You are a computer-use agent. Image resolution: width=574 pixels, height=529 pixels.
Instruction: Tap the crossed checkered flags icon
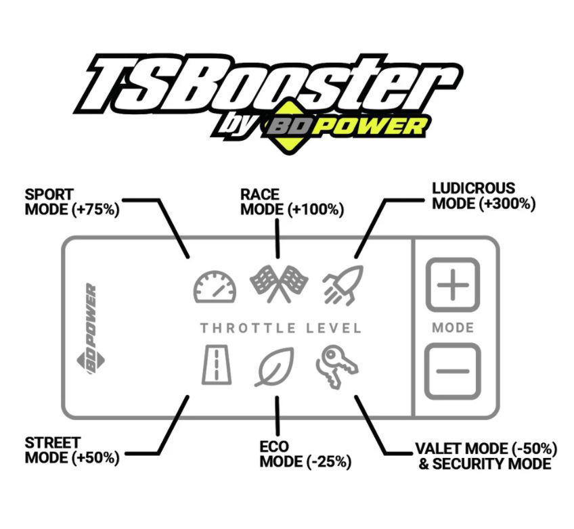pyautogui.click(x=279, y=284)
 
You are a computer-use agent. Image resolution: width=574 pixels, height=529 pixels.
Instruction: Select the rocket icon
pyautogui.click(x=343, y=285)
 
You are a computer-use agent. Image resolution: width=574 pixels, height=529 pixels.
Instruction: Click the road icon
pyautogui.click(x=217, y=365)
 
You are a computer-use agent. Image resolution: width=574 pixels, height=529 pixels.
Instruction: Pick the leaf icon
pyautogui.click(x=275, y=367)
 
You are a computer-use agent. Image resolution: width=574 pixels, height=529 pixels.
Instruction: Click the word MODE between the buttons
pyautogui.click(x=453, y=327)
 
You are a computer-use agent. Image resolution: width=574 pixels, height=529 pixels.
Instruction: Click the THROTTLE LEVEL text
pyautogui.click(x=281, y=328)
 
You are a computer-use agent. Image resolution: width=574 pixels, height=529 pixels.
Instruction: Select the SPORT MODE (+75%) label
pyautogui.click(x=72, y=202)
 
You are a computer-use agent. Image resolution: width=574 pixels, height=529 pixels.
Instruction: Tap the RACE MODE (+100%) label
pyautogui.click(x=292, y=202)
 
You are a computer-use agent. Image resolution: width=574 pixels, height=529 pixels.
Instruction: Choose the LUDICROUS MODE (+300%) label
pyautogui.click(x=484, y=196)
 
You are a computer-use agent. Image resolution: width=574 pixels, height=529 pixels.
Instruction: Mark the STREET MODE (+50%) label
pyautogui.click(x=72, y=451)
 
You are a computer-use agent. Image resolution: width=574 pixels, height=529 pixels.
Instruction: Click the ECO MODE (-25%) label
pyautogui.click(x=305, y=454)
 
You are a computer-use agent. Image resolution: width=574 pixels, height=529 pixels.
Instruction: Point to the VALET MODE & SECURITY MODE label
pyautogui.click(x=486, y=456)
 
